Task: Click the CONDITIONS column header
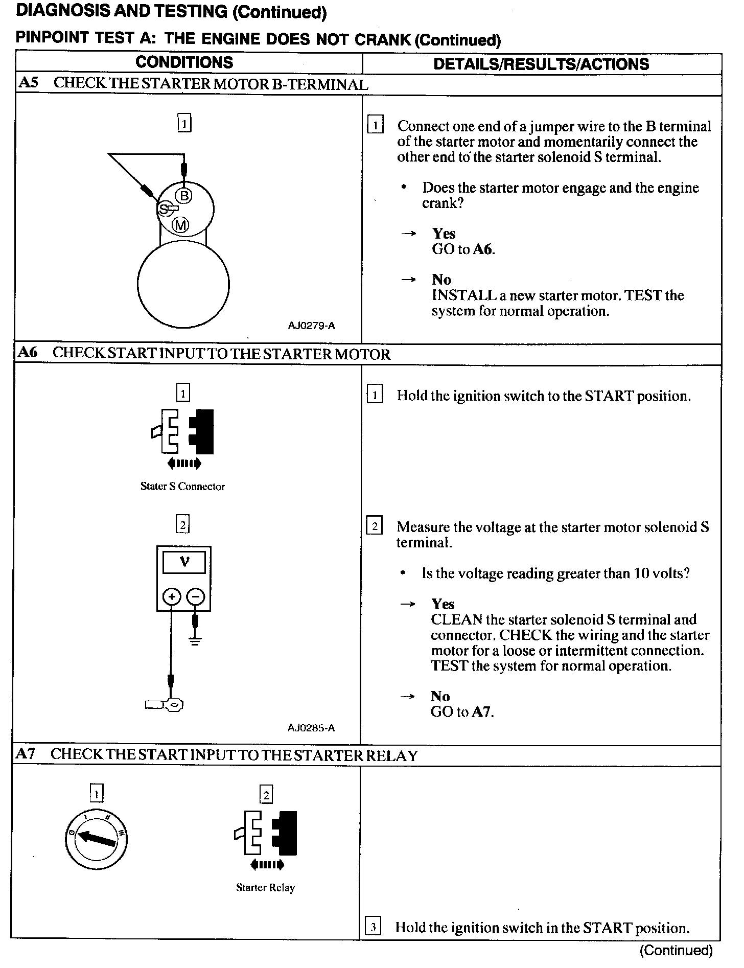tap(184, 62)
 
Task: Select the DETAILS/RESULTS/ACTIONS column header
tap(541, 64)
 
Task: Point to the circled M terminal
tap(180, 224)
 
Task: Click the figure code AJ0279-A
tap(311, 326)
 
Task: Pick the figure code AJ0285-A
tap(311, 728)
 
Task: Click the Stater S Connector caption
tap(182, 487)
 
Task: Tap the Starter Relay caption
tap(265, 888)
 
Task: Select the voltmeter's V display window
tap(184, 563)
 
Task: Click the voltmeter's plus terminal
tap(172, 596)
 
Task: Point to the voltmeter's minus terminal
tap(195, 596)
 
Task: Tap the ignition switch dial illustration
tap(97, 840)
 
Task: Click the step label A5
tap(28, 83)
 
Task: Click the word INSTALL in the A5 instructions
tap(464, 295)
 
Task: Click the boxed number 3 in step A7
tap(374, 927)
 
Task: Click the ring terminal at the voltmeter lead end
tap(174, 705)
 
